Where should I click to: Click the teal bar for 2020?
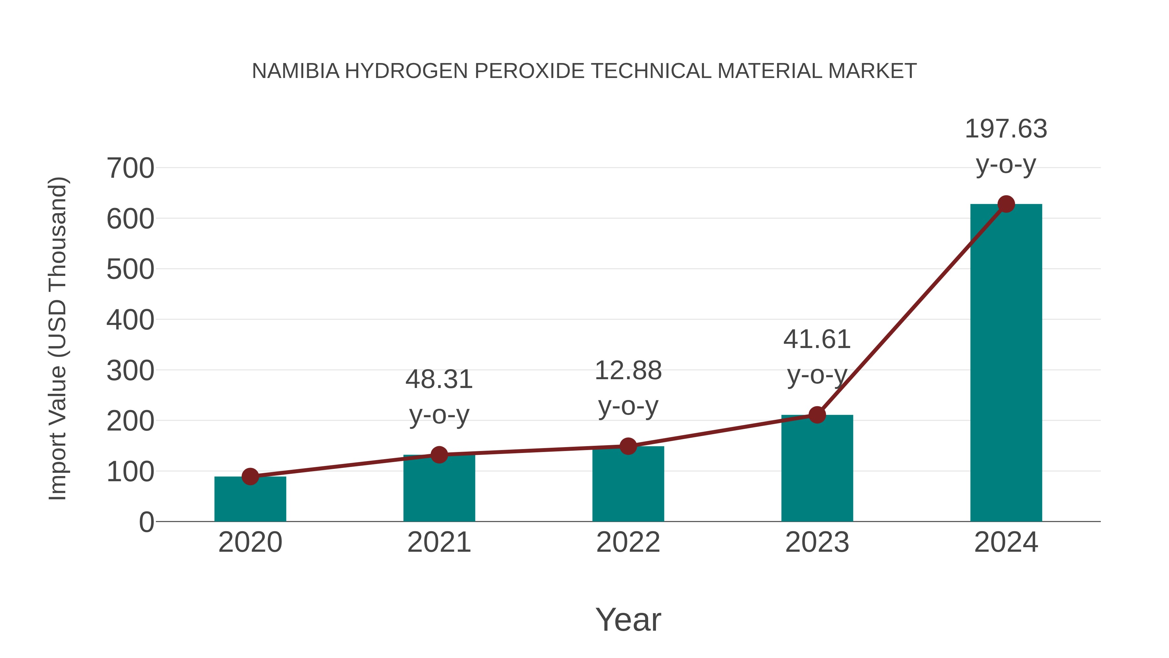pos(250,499)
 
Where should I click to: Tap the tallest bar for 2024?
pos(1006,363)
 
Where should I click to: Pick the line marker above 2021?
pos(439,455)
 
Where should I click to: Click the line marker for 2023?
pos(817,415)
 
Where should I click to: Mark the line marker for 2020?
pos(250,476)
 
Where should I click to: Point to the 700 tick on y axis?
pos(130,168)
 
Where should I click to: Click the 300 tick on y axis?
pos(130,371)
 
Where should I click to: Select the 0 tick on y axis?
pos(146,522)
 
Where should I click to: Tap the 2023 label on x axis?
pos(817,542)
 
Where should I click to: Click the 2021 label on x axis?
pos(439,542)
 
